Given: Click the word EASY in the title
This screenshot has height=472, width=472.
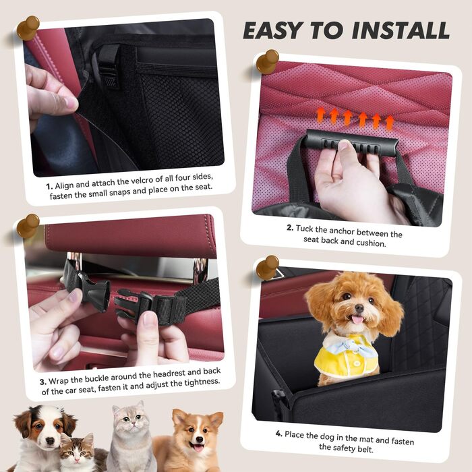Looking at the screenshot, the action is (272, 30).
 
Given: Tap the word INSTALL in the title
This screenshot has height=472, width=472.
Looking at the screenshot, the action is (401, 30).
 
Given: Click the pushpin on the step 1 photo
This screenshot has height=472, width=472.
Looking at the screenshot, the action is (28, 28).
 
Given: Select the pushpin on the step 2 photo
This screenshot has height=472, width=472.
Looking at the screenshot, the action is (267, 61).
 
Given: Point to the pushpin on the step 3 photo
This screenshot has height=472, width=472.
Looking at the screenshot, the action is (28, 226).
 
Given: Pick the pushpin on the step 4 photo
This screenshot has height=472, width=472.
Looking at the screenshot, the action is (267, 267).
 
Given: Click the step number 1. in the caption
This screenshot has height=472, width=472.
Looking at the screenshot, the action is (49, 186).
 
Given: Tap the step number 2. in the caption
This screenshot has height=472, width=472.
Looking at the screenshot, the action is (290, 228).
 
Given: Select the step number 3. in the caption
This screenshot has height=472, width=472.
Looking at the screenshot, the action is (43, 382).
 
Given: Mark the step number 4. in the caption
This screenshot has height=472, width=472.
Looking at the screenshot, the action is (278, 434).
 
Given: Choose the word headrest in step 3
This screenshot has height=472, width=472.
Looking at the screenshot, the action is (169, 374).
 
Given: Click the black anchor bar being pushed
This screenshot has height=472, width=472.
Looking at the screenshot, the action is (351, 143).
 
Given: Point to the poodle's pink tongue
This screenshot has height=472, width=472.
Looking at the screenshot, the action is (357, 320).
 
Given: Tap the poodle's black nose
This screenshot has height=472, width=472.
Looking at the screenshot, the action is (359, 307).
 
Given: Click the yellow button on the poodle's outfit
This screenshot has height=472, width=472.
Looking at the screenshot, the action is (357, 363).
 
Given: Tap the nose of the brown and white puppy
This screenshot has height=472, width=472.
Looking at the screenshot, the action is (50, 441).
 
